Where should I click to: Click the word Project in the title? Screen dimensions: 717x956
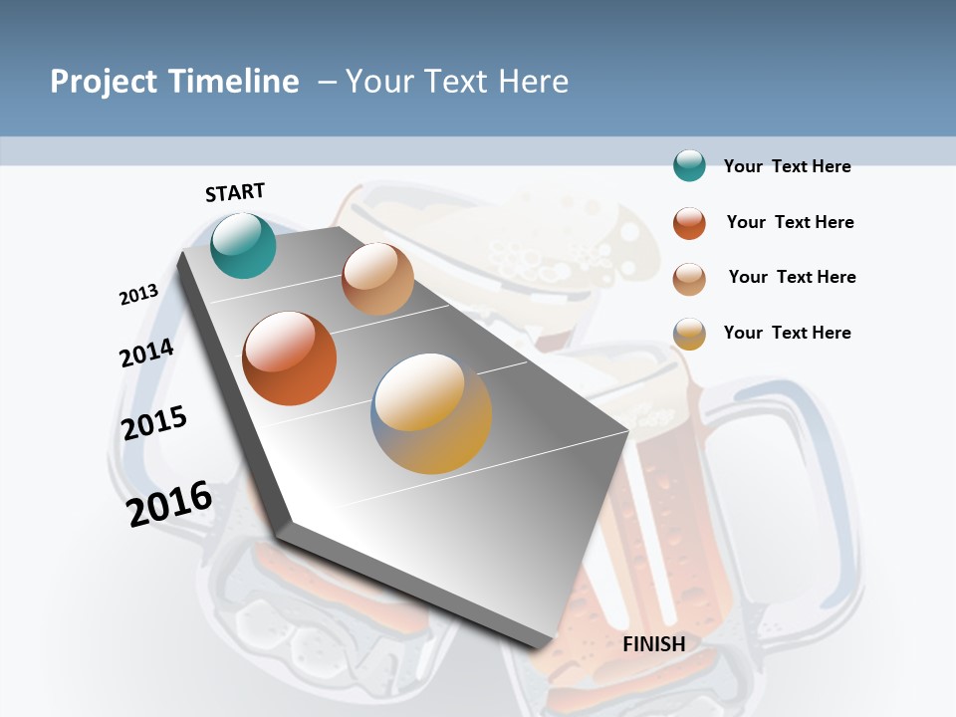click(x=104, y=82)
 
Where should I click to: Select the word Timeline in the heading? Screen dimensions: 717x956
click(x=233, y=82)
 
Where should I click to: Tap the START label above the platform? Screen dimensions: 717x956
click(x=235, y=192)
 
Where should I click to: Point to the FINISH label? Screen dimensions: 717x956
click(x=654, y=644)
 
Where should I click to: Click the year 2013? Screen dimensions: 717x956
click(x=139, y=295)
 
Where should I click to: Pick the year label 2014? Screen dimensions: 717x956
click(x=147, y=353)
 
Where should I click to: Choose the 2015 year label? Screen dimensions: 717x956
click(x=154, y=422)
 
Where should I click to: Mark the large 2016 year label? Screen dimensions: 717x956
click(x=169, y=503)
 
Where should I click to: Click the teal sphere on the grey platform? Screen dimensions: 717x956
click(x=243, y=245)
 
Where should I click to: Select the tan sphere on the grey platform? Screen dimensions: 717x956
click(x=377, y=279)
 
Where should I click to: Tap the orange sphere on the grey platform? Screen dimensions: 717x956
click(x=290, y=358)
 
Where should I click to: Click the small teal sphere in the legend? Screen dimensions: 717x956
click(x=689, y=166)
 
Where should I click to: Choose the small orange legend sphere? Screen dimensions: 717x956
click(x=689, y=223)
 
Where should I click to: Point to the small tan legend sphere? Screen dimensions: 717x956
click(x=689, y=278)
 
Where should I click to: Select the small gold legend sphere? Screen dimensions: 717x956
click(x=689, y=334)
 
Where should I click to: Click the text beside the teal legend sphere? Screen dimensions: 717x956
click(x=787, y=167)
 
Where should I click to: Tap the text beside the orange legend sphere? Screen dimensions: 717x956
click(x=790, y=222)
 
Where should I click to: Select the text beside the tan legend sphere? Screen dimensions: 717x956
click(x=792, y=277)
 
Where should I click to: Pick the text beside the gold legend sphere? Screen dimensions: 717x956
click(x=787, y=333)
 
